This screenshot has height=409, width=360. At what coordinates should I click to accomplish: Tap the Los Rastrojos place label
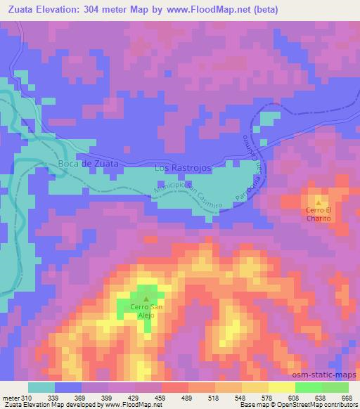coord(182,169)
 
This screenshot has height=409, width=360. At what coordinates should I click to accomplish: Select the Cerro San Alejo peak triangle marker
coord(146,299)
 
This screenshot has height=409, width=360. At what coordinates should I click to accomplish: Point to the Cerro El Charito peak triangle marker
coord(318,203)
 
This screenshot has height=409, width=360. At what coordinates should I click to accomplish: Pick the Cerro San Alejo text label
coord(146,311)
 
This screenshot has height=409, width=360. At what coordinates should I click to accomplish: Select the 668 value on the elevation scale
coord(346,396)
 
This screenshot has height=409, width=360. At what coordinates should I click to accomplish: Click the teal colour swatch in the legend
coord(41,387)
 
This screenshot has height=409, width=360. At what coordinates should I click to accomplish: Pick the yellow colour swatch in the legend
coord(281,387)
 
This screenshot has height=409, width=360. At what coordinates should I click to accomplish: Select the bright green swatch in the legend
coord(308,387)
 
